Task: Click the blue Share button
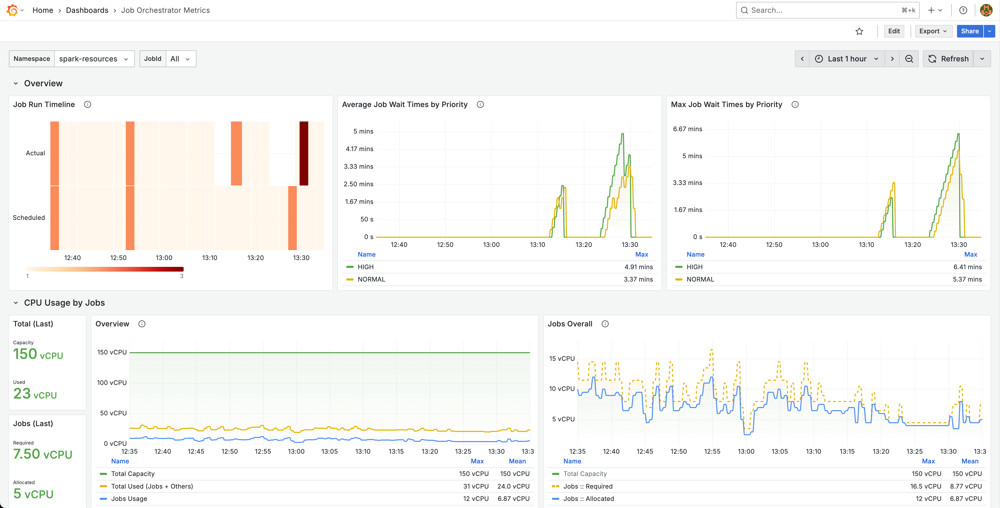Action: point(969,31)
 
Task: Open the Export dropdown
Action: point(933,31)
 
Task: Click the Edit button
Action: point(894,31)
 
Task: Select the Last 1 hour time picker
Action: point(847,59)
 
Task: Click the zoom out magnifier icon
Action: point(909,59)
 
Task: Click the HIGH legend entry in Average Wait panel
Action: point(365,267)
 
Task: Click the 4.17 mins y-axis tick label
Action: point(359,149)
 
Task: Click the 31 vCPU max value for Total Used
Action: point(476,486)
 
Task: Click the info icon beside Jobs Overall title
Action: point(605,324)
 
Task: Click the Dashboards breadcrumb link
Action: point(87,10)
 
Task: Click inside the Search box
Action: point(823,10)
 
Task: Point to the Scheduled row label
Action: point(29,218)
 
